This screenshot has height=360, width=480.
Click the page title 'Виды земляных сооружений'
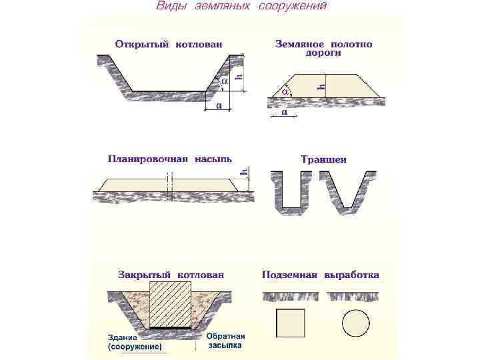click(241, 7)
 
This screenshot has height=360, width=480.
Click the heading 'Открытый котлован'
click(169, 45)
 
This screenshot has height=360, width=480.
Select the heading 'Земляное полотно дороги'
click(324, 49)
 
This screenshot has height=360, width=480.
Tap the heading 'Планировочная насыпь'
click(170, 159)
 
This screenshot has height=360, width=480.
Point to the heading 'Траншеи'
click(323, 159)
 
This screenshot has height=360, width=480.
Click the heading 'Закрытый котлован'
click(171, 274)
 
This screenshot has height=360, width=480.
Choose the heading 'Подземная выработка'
click(321, 274)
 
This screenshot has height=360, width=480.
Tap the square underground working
click(290, 323)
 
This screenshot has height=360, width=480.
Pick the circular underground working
click(355, 323)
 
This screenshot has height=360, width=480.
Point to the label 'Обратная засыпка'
click(225, 341)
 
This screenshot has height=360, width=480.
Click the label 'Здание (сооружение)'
click(135, 342)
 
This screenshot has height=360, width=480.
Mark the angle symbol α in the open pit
click(224, 80)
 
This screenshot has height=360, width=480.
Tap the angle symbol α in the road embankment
click(285, 90)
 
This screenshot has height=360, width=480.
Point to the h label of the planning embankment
click(245, 172)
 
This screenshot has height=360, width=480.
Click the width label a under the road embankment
click(285, 113)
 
